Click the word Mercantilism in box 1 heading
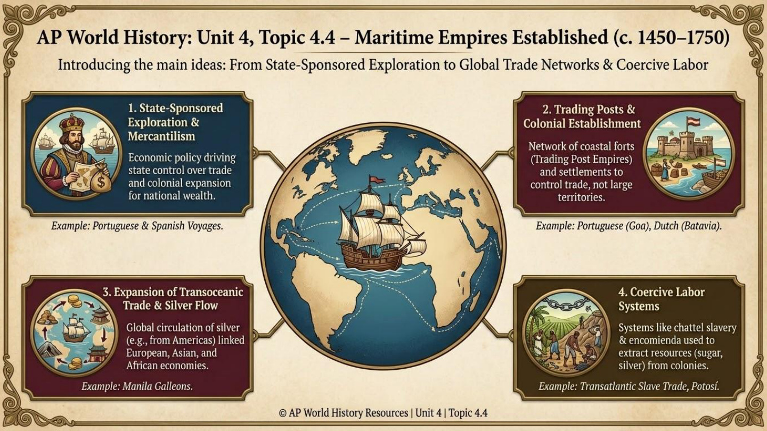[161, 136]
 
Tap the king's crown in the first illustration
[72, 123]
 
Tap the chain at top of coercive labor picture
[566, 305]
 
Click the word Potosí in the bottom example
[701, 386]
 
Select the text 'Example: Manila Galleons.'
[137, 386]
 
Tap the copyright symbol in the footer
[282, 413]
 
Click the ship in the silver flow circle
[76, 329]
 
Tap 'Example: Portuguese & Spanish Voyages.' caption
[137, 226]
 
